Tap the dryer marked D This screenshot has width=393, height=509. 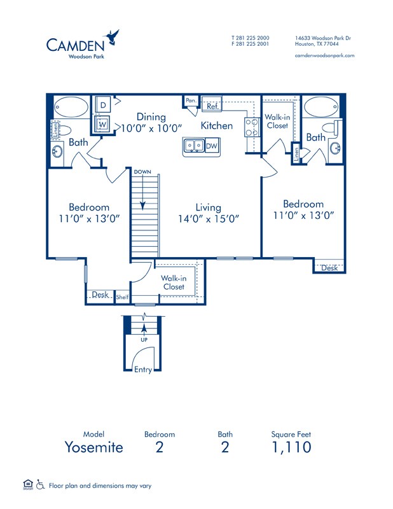click(103, 105)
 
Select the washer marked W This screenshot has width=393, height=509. click(102, 124)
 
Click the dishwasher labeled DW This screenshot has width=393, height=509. click(212, 146)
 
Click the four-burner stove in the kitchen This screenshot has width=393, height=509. click(252, 127)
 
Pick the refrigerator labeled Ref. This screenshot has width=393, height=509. click(212, 104)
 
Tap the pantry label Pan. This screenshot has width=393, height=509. click(191, 101)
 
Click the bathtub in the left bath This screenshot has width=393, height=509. click(71, 107)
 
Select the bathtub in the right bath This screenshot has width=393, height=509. click(321, 107)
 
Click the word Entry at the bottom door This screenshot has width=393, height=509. click(143, 370)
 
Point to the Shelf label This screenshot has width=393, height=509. click(122, 297)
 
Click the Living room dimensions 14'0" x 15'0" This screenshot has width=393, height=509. click(209, 219)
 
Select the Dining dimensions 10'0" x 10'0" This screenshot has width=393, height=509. click(151, 128)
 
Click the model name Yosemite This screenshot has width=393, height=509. click(94, 447)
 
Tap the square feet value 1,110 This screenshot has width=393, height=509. click(291, 447)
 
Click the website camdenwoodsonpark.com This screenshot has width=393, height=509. click(324, 55)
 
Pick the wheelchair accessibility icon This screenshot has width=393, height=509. click(40, 484)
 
